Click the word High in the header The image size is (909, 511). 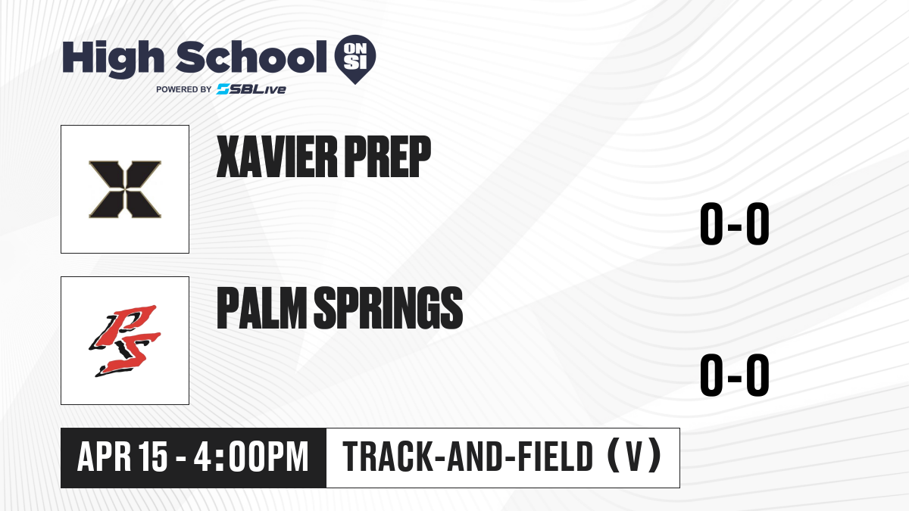coord(113,59)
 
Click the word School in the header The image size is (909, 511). coord(251,57)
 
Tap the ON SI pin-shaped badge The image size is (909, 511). coord(355,59)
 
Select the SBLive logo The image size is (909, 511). coord(251,89)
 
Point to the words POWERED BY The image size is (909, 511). coord(184,89)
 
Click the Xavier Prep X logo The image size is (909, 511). coord(125,189)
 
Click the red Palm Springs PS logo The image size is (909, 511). coord(125,341)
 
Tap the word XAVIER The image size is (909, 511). coord(277,157)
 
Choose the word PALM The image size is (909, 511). coord(261,307)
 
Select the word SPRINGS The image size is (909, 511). coord(389,307)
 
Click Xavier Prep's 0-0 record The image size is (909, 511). coord(735,223)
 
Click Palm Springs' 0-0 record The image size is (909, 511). coord(735,375)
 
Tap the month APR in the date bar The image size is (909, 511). coord(105,456)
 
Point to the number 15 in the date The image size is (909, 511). coord(152,456)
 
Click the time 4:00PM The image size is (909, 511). coord(251,456)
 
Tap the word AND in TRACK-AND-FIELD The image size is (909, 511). coord(475,456)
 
